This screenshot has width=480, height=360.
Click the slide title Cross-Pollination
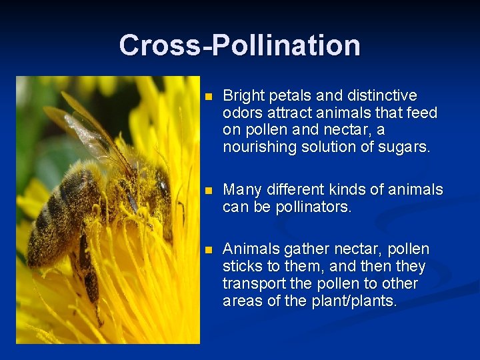coord(239,45)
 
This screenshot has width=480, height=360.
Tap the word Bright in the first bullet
coord(242,95)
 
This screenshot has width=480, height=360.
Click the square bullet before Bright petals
coord(208,97)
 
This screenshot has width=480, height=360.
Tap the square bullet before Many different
coord(208,191)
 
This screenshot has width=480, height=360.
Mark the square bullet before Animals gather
coord(208,250)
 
